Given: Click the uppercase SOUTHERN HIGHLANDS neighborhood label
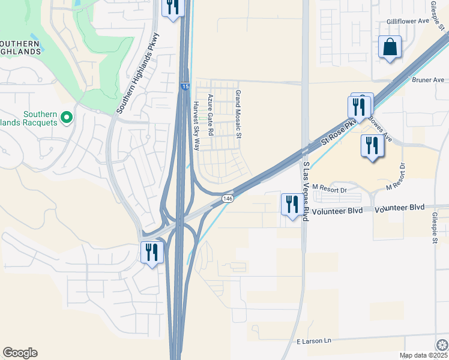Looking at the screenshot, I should click(x=20, y=47).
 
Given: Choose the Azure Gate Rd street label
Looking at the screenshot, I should click(x=211, y=115).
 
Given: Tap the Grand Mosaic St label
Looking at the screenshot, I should click(x=238, y=114).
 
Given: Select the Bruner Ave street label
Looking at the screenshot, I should click(x=428, y=80).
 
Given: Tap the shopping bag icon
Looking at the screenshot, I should click(x=390, y=47).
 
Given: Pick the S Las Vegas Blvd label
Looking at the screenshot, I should click(x=306, y=191).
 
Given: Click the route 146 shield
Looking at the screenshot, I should click(x=228, y=198).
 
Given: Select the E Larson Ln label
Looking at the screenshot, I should click(x=314, y=341).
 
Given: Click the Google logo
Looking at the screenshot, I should click(x=20, y=353).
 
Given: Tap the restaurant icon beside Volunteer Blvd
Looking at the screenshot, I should click(x=291, y=205).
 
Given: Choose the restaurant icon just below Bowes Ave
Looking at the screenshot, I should click(x=372, y=146).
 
